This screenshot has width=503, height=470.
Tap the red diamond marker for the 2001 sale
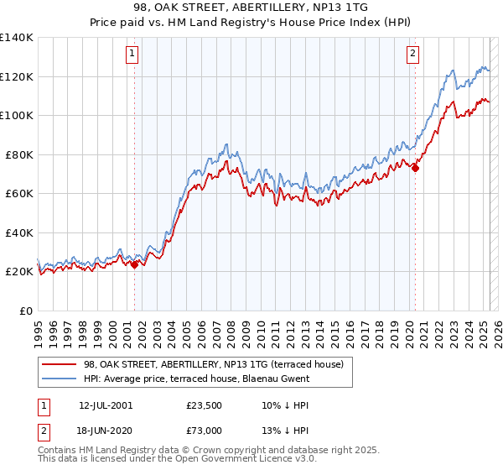135,264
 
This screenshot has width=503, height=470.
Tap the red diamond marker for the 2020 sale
415,168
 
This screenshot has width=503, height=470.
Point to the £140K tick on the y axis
17,38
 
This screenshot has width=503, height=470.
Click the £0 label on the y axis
25,311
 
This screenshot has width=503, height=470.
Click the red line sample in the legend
60,364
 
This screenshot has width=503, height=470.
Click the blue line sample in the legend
60,379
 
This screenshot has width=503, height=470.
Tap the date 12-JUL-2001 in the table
105,405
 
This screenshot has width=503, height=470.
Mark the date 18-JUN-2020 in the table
105,431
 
